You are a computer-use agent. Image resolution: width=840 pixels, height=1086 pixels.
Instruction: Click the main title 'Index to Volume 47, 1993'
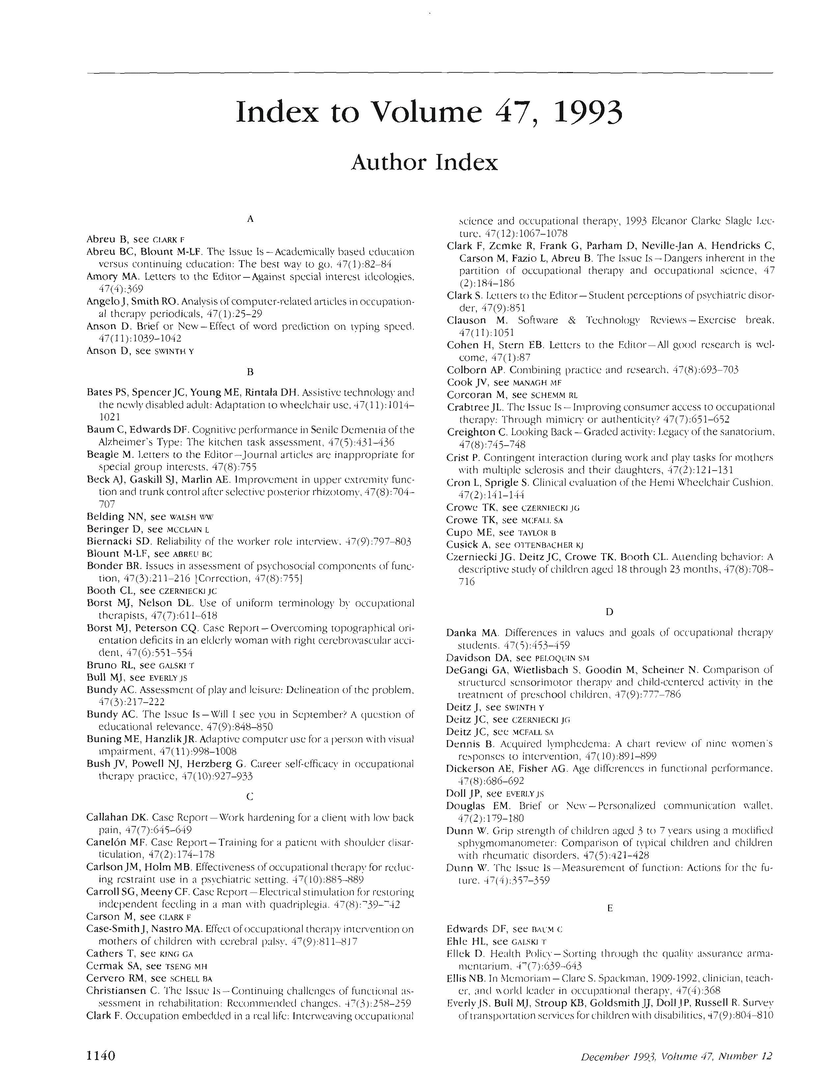pyautogui.click(x=429, y=112)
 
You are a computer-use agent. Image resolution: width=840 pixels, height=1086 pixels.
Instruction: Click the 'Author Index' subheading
pyautogui.click(x=424, y=163)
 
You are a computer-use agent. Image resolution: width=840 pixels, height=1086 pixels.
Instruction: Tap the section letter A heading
pyautogui.click(x=250, y=219)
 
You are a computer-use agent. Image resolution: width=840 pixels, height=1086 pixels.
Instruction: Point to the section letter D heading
pyautogui.click(x=610, y=612)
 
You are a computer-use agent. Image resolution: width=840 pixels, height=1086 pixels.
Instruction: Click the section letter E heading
pyautogui.click(x=610, y=908)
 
